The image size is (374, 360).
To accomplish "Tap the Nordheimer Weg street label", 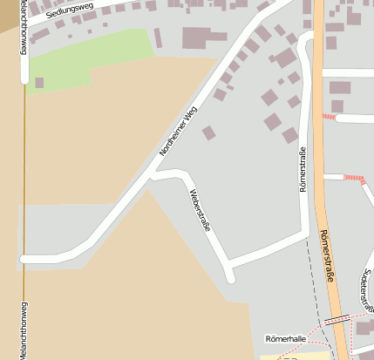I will click(x=179, y=131).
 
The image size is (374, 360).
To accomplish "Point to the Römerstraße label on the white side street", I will click(x=303, y=171).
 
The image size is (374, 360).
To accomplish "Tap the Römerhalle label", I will click(x=284, y=338).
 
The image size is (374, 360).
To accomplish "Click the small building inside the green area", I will click(x=39, y=83).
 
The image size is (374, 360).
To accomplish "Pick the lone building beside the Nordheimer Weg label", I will click(x=208, y=132).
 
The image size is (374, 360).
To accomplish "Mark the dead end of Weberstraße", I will click(x=230, y=277).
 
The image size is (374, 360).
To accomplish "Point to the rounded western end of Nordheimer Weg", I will click(x=24, y=259).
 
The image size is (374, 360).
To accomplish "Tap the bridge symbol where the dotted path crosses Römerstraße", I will click(x=337, y=321).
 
